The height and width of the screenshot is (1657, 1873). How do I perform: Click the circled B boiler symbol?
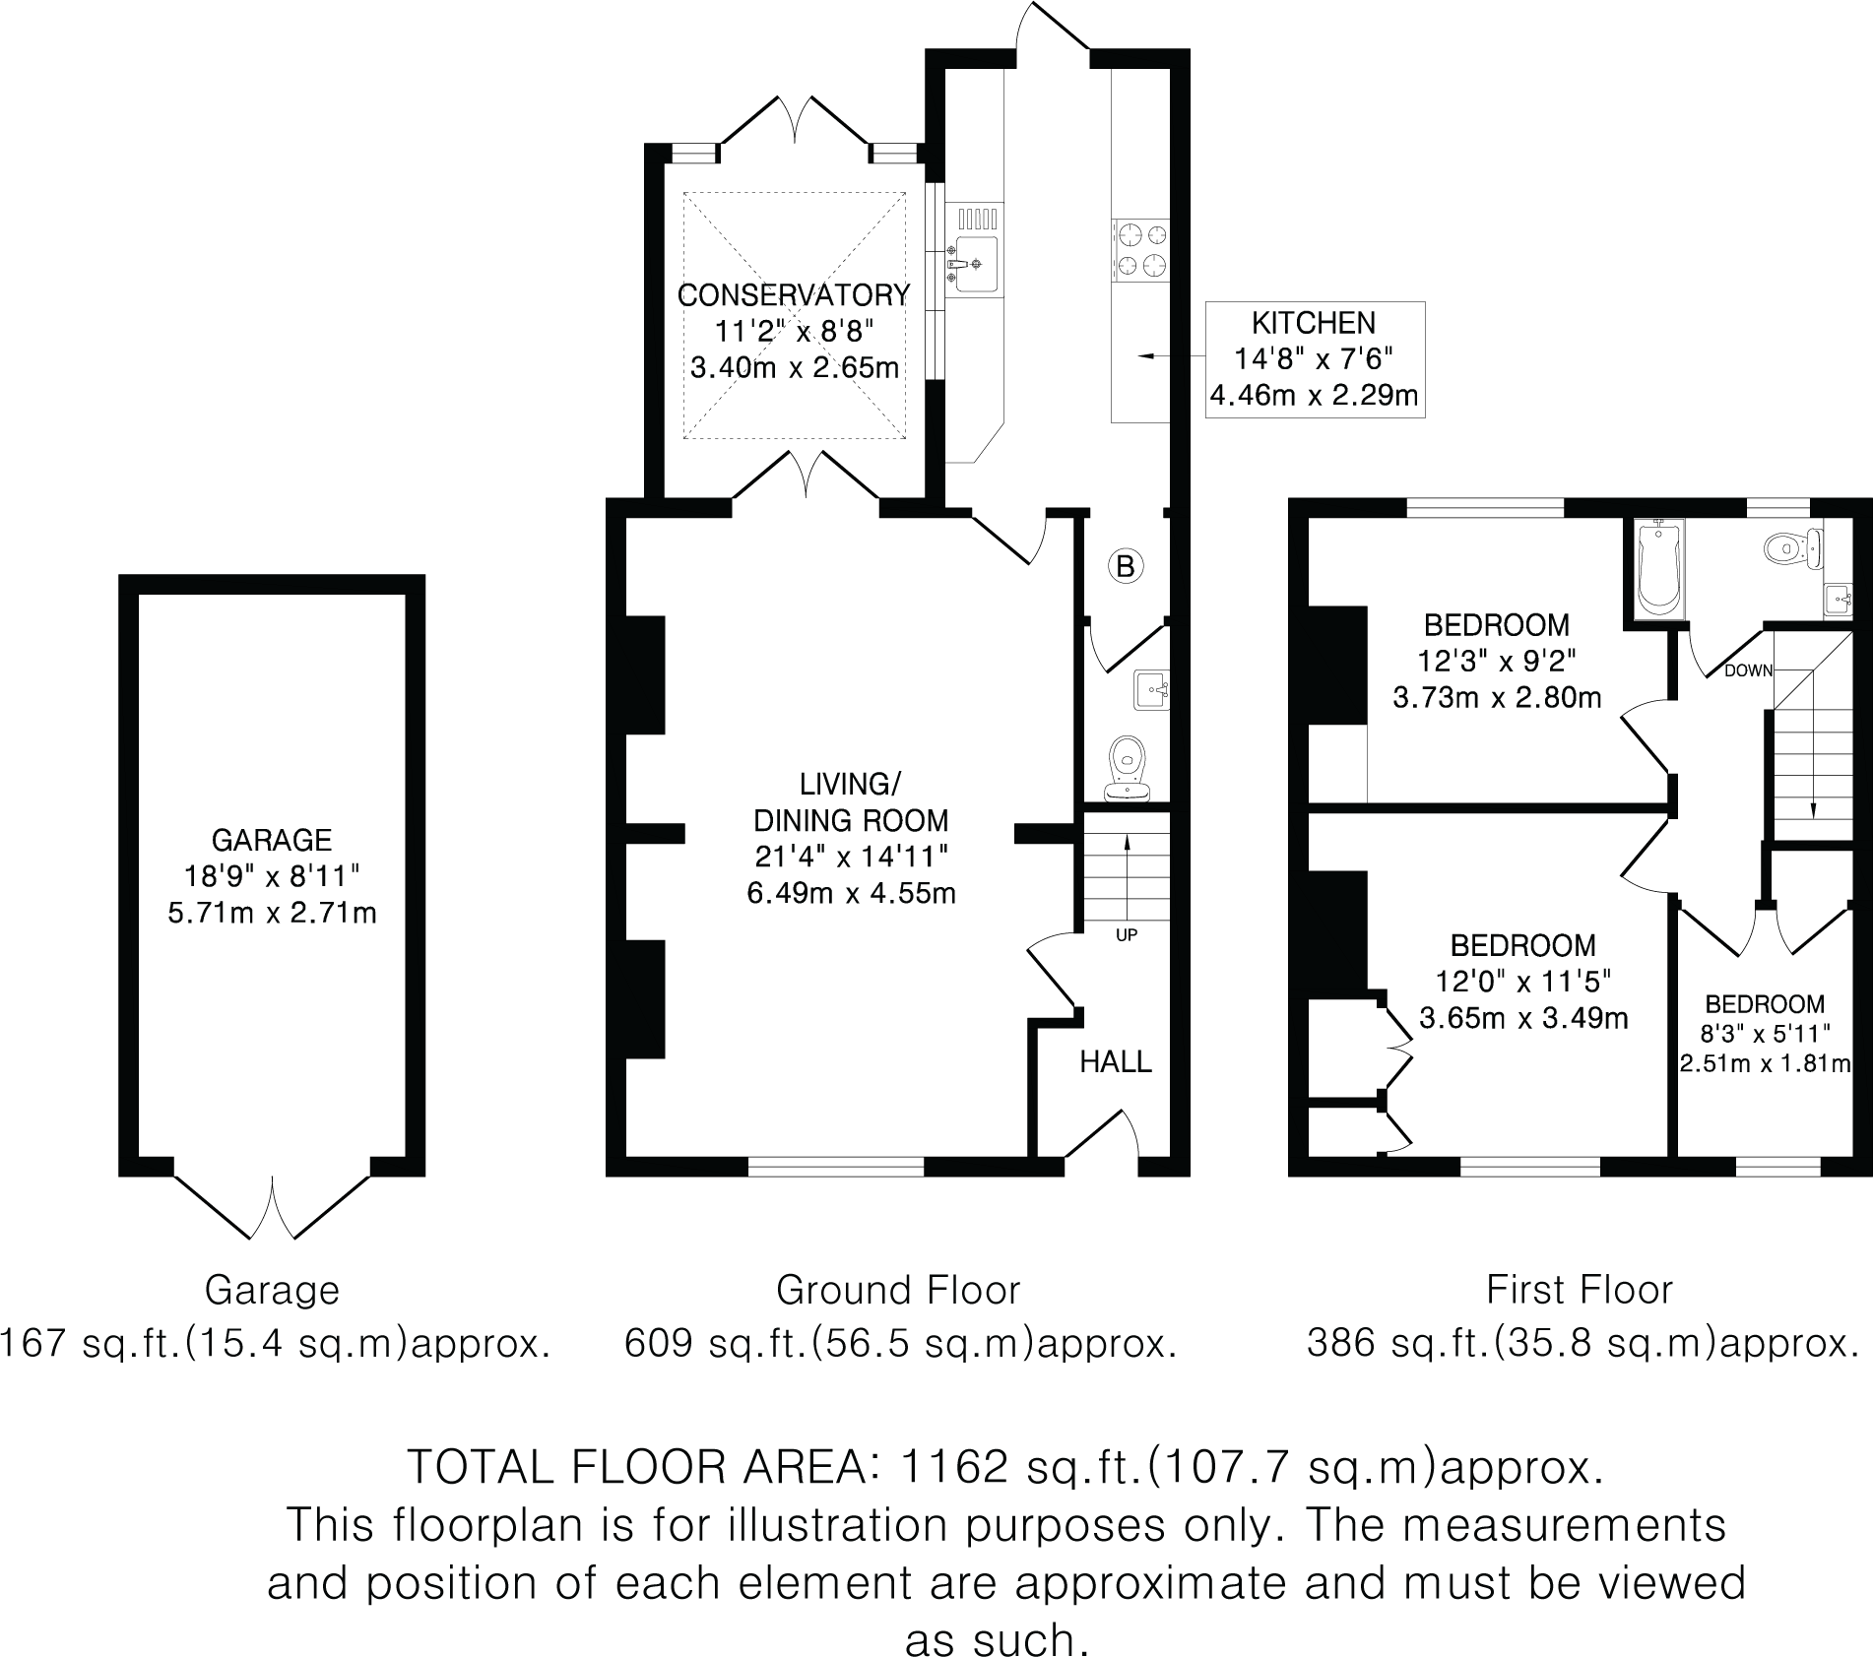click(1126, 566)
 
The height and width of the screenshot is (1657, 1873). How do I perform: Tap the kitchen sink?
click(974, 264)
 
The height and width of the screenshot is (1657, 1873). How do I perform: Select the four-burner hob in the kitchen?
click(1141, 250)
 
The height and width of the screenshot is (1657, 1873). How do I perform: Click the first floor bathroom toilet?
click(1792, 548)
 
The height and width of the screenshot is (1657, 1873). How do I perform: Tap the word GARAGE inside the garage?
click(272, 840)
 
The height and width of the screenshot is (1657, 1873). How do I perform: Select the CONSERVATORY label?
click(794, 294)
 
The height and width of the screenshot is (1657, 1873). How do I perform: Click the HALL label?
click(1115, 1061)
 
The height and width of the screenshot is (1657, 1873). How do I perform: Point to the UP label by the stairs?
click(1127, 935)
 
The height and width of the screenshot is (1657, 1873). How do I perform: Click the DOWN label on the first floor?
click(1748, 671)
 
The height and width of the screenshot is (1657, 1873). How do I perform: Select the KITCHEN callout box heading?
click(1314, 323)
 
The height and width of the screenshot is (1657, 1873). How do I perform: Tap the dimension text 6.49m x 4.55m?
click(852, 893)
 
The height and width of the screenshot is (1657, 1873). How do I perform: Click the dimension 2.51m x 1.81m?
click(1765, 1063)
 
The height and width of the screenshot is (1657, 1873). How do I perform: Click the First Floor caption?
click(1580, 1290)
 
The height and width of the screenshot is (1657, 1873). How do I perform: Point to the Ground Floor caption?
click(898, 1290)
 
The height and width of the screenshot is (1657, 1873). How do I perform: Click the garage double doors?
click(272, 1206)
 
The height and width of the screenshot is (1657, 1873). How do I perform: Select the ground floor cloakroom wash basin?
click(1150, 690)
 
